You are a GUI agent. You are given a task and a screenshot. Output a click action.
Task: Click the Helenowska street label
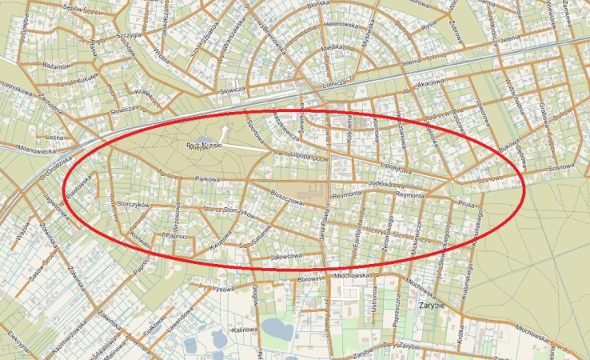(x=342, y=24)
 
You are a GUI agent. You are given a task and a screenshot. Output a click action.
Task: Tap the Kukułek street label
(x=87, y=78)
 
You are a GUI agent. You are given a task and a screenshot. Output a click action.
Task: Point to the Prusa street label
(x=467, y=204)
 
